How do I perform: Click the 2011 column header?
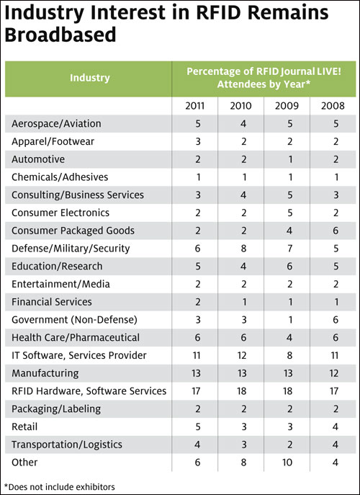[195, 106]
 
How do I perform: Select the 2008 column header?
[333, 106]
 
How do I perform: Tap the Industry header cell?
[90, 78]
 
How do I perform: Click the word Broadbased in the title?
[60, 35]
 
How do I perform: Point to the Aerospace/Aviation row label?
[56, 124]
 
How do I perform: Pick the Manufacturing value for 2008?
[334, 373]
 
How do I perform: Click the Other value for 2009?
[287, 462]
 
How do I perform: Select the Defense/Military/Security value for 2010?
[243, 249]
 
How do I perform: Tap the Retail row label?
[24, 427]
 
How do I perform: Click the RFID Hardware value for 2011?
[196, 391]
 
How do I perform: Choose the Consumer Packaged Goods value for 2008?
[336, 231]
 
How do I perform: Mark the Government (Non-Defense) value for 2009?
[290, 320]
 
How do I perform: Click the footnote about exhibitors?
[60, 487]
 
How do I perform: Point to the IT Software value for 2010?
[242, 355]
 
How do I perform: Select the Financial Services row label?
[52, 302]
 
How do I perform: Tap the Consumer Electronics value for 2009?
[290, 213]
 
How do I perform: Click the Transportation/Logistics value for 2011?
[197, 445]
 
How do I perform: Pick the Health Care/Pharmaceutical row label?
[76, 337]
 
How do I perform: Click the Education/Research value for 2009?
[290, 266]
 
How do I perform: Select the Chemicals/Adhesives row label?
[60, 177]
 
